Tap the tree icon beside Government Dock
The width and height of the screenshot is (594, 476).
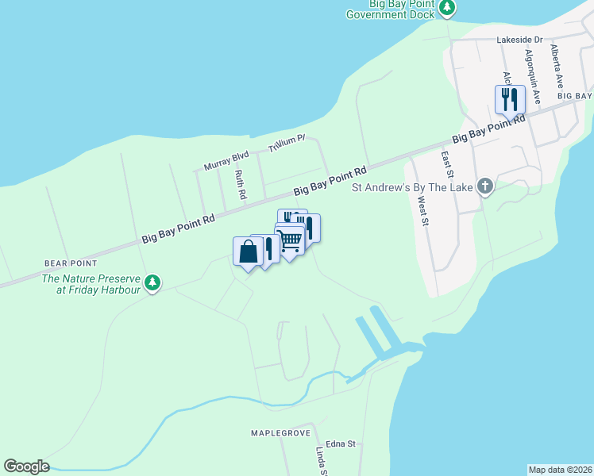coord(448,7)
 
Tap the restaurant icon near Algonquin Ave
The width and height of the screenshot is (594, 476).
coord(509,99)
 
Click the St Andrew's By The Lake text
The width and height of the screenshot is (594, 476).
coord(412,188)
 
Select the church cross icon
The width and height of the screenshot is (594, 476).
coord(484,187)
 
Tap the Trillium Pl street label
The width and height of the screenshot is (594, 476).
coord(287,143)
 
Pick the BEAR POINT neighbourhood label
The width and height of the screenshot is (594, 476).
coord(71,263)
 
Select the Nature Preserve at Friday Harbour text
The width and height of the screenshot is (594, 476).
coord(91,284)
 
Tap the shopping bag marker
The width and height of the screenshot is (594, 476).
coord(248,251)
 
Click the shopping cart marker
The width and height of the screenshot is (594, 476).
coord(290,239)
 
